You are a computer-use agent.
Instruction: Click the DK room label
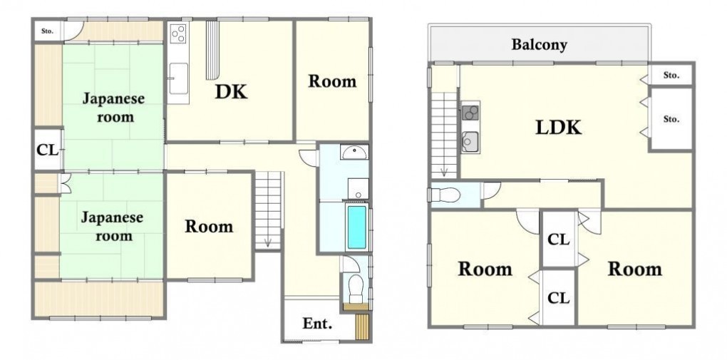(x=231, y=92)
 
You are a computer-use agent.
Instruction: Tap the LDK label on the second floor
(x=558, y=127)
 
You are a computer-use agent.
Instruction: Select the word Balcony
(x=540, y=45)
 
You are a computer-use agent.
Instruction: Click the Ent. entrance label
(x=317, y=324)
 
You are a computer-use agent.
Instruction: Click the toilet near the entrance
(x=356, y=284)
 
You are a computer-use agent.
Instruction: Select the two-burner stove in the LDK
(x=470, y=113)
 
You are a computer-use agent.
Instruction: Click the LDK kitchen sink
(x=470, y=140)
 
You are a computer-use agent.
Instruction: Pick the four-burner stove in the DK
(x=178, y=33)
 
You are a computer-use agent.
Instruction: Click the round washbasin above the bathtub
(x=355, y=152)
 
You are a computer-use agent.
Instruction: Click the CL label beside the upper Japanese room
(x=48, y=151)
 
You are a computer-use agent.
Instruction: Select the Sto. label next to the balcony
(x=671, y=75)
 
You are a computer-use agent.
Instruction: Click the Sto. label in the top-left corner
(x=47, y=31)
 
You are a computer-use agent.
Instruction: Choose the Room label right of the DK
(x=332, y=81)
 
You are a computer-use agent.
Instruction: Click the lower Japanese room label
(x=113, y=227)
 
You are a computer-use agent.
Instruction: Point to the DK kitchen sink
(x=178, y=78)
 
